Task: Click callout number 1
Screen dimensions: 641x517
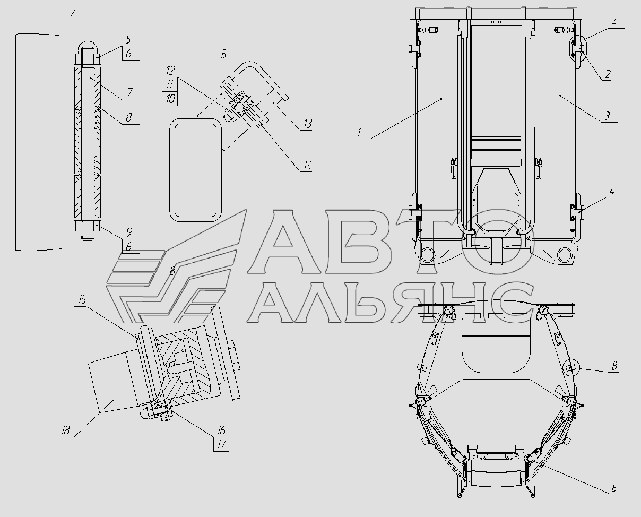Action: pyautogui.click(x=360, y=132)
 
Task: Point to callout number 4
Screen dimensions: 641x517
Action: pyautogui.click(x=611, y=191)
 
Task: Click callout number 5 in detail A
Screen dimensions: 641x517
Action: pyautogui.click(x=128, y=39)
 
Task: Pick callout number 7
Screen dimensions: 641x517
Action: pyautogui.click(x=129, y=93)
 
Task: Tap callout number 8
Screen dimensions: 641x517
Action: pyautogui.click(x=128, y=117)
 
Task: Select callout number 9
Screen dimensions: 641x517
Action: pyautogui.click(x=129, y=232)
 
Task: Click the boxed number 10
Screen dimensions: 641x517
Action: pyautogui.click(x=170, y=99)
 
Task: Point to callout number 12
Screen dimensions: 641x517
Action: pyautogui.click(x=170, y=71)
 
